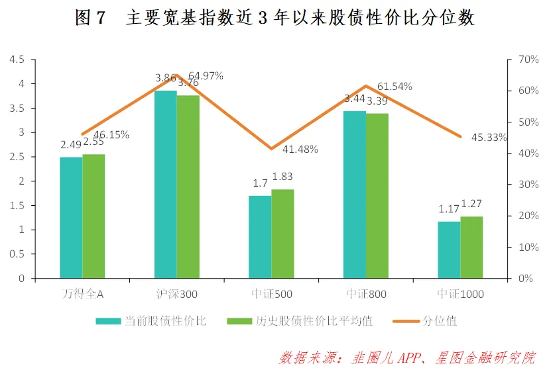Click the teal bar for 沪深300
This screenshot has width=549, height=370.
pyautogui.click(x=166, y=185)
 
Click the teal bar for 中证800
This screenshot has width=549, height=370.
pyautogui.click(x=355, y=195)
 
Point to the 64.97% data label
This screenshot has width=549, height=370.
pyautogui.click(x=206, y=75)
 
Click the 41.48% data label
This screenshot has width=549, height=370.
pyautogui.click(x=300, y=150)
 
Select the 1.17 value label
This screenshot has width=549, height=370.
pyautogui.click(x=449, y=209)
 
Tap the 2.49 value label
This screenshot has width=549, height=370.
pyautogui.click(x=70, y=145)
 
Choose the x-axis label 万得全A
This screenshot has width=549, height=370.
pyautogui.click(x=82, y=294)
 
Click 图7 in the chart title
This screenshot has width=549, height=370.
pyautogui.click(x=91, y=18)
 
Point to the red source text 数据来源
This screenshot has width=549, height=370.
pyautogui.click(x=309, y=358)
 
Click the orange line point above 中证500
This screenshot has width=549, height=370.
pyautogui.click(x=271, y=149)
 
